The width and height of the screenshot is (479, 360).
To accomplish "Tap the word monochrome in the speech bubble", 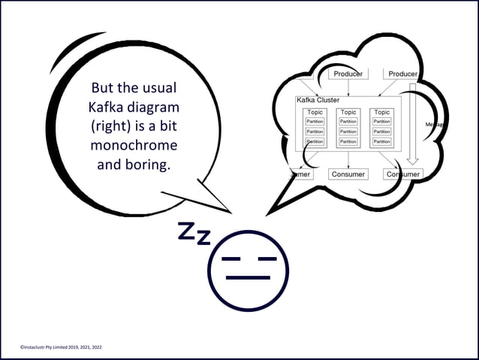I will [x=134, y=144].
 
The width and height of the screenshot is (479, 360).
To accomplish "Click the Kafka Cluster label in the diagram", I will [x=318, y=100].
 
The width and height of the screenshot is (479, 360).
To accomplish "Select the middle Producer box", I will [x=348, y=74].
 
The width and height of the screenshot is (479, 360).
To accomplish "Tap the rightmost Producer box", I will [x=402, y=74].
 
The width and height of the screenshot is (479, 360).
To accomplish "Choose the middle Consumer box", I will [x=348, y=174].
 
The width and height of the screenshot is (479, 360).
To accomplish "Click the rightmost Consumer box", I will [x=403, y=174].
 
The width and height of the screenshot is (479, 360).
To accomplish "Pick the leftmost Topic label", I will [x=315, y=112].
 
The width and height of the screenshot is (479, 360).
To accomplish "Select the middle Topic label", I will [x=348, y=112].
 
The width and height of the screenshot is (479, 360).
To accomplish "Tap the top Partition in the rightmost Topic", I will [x=382, y=121].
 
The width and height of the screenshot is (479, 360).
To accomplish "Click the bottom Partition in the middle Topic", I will [x=348, y=141].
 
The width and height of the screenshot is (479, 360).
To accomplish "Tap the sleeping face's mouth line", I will [x=248, y=277].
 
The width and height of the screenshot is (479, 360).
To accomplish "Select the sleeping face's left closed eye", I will [x=231, y=259].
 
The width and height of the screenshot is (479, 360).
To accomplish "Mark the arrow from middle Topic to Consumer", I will [x=348, y=159].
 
